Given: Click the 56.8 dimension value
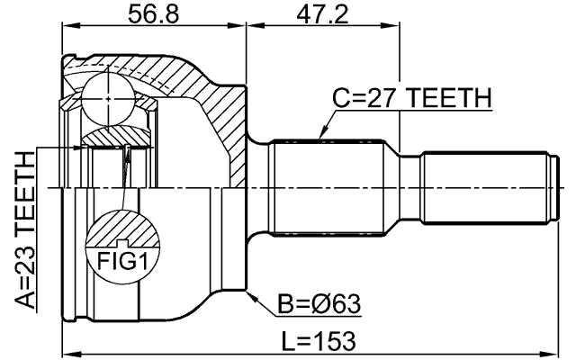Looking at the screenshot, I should [x=153, y=14].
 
